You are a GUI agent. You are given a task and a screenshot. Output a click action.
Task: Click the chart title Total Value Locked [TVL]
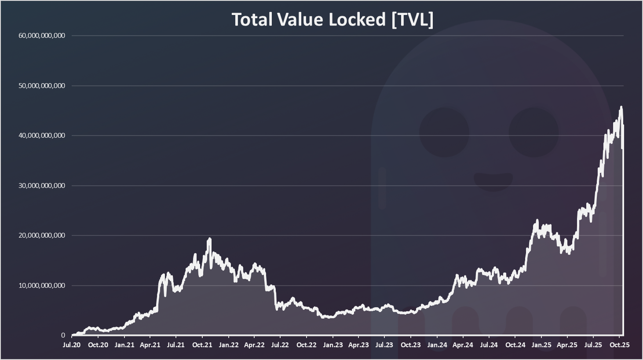(x=332, y=19)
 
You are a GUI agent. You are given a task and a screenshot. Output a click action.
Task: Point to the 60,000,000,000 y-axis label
(x=42, y=36)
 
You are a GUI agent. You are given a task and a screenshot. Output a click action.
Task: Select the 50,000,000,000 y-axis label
(x=42, y=86)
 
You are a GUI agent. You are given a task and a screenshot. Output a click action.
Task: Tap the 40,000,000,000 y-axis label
(x=42, y=136)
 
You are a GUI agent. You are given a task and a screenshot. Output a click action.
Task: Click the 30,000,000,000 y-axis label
(x=42, y=186)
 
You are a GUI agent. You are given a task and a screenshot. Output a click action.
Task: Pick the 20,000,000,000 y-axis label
(x=42, y=235)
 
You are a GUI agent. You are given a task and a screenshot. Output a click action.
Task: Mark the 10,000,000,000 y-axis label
(x=42, y=286)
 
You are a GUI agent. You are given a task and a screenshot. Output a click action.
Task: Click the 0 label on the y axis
(x=63, y=335)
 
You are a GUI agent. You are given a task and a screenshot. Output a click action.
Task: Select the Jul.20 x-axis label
(x=72, y=345)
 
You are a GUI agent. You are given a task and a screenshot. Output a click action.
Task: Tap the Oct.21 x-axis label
(x=202, y=345)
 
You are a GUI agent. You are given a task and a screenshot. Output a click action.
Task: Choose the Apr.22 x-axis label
(x=254, y=345)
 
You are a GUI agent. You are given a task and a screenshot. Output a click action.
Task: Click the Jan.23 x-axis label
(x=333, y=345)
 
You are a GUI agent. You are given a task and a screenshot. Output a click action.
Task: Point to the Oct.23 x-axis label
(x=411, y=345)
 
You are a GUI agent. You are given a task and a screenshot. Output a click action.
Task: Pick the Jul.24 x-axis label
(x=489, y=345)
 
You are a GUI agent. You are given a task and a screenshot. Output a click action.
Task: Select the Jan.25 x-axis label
(x=541, y=345)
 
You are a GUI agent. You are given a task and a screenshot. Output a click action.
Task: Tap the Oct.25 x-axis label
(x=619, y=345)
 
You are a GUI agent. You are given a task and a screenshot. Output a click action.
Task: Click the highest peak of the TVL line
(x=621, y=107)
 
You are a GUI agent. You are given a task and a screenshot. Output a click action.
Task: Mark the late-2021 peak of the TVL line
(x=210, y=239)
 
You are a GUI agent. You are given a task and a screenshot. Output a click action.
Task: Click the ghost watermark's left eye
(x=444, y=132)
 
